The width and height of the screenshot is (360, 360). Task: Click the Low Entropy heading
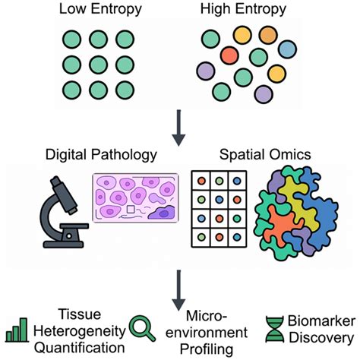point(100,9)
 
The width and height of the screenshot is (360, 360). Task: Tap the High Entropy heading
point(243,9)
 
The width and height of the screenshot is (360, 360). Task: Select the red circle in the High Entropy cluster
point(229,55)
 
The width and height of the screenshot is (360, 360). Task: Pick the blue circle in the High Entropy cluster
point(287,49)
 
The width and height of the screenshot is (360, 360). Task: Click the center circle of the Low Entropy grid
point(98,65)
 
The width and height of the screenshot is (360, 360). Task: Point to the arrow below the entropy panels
point(178,128)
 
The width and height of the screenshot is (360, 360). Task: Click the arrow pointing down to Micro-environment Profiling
point(178,290)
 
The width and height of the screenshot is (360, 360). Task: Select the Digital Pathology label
point(101,155)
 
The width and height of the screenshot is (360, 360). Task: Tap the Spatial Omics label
point(265,154)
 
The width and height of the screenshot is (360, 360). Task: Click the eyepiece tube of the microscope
point(63,194)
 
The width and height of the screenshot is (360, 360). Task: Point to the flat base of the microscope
point(63,245)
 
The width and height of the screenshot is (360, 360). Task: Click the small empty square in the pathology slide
point(131,210)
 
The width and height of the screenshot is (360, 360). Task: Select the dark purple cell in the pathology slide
point(162,213)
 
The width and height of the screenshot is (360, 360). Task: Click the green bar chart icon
point(17,330)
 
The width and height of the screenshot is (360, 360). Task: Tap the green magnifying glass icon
point(142,328)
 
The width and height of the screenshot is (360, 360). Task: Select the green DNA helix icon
point(275,329)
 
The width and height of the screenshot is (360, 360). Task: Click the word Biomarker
point(321,321)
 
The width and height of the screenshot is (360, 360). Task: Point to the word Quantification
point(80,348)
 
